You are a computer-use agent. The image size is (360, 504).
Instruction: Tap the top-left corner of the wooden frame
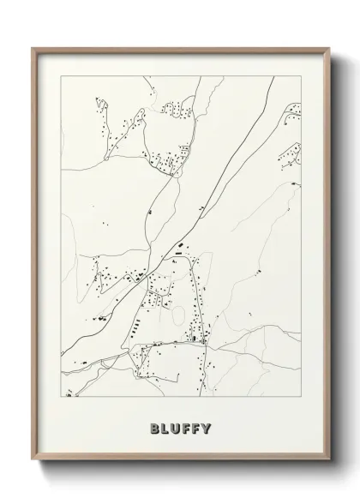pos(33,48)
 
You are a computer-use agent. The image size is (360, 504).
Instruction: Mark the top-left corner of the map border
pos(58,74)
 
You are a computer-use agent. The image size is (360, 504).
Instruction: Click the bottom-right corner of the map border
pos(303,400)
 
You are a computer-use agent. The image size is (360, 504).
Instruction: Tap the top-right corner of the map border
pos(303,74)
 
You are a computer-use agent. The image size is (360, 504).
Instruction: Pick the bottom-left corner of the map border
pos(58,400)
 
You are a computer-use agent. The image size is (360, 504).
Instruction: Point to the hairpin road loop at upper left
pos(102,111)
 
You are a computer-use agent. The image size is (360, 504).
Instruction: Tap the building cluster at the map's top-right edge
pos(293,111)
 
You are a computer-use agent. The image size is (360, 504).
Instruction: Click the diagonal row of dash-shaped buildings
pos(135,327)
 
